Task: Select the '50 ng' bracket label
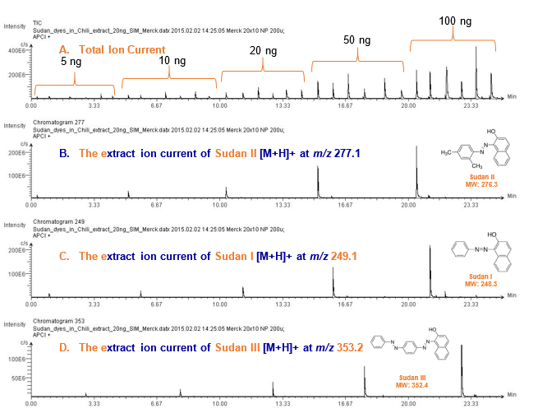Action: point(356,40)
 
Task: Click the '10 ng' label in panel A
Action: point(172,61)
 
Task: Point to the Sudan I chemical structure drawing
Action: point(485,249)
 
